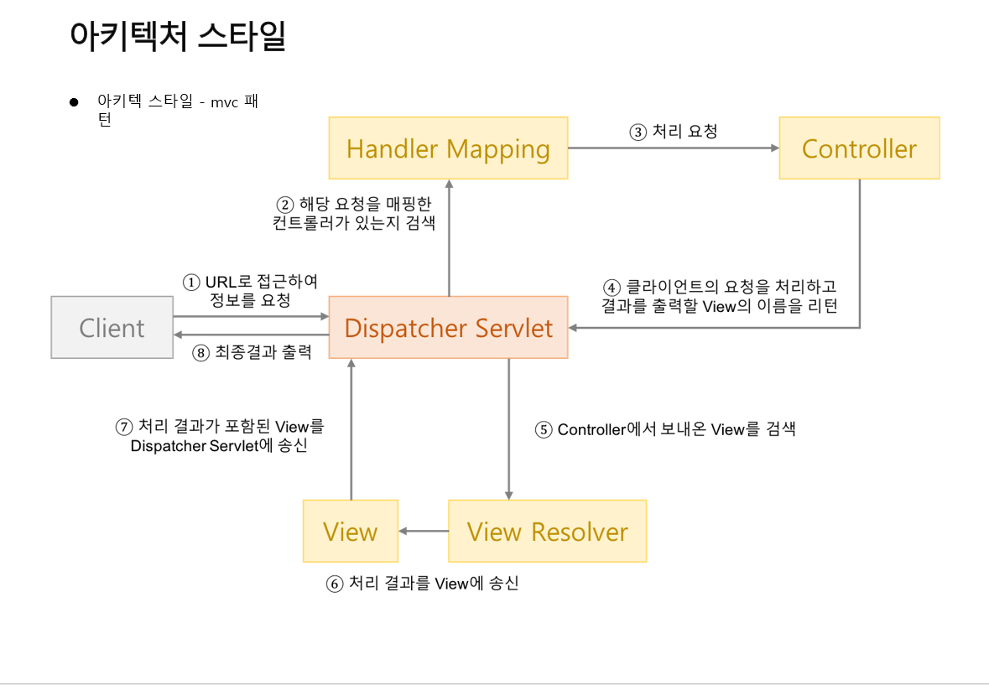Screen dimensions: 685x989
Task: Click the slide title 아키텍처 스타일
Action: point(178,37)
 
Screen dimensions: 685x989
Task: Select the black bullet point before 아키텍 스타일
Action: point(74,102)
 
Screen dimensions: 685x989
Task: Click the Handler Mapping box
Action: point(448,148)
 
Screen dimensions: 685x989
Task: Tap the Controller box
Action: point(859,148)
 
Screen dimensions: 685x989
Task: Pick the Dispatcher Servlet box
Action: point(448,328)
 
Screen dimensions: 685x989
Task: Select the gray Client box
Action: point(111,328)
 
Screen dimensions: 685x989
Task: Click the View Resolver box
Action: point(547,532)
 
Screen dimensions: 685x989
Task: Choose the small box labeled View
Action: point(350,532)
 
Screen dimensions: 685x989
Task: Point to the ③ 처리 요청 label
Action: point(674,132)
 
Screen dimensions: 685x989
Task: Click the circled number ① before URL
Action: point(192,283)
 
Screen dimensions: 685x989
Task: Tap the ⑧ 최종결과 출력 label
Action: point(252,352)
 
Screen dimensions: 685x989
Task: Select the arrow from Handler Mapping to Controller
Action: point(674,148)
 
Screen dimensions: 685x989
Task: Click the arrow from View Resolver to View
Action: point(424,532)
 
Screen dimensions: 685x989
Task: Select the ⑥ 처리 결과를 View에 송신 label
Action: point(422,584)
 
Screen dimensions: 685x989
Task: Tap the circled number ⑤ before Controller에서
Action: point(544,430)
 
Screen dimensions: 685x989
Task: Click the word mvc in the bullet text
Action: point(224,102)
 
